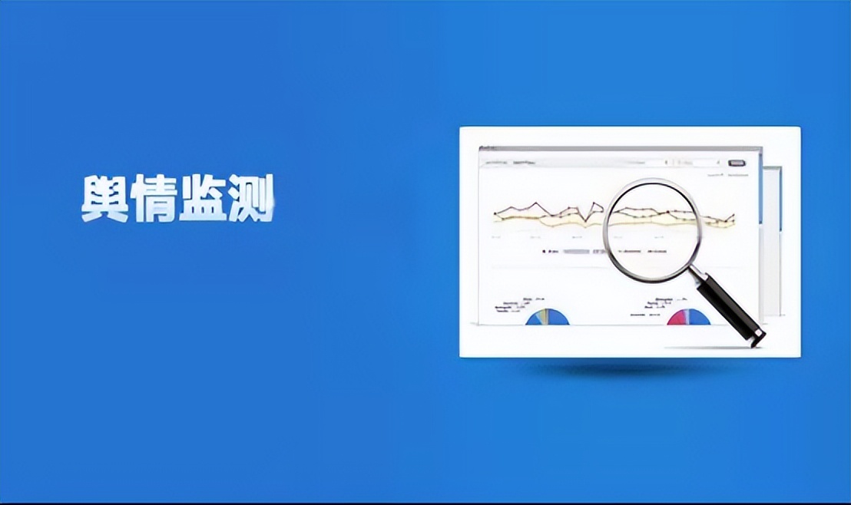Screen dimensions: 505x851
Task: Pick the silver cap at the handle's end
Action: (x=757, y=336)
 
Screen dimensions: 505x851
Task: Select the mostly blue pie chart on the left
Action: (x=548, y=317)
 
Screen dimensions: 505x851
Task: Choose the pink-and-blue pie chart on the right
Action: (x=688, y=317)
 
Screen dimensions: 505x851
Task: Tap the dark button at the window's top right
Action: (x=737, y=163)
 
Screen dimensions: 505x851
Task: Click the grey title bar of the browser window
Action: (x=614, y=149)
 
